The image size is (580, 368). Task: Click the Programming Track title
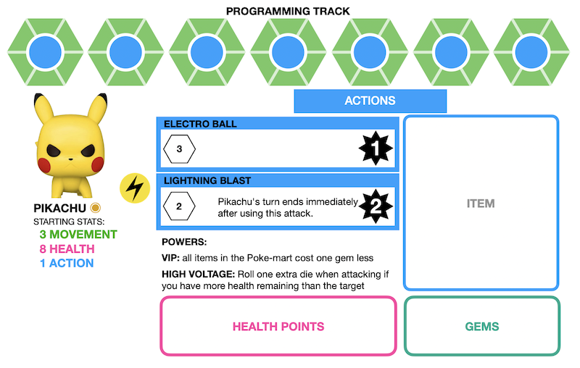[288, 11]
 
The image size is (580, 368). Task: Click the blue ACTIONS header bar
[370, 101]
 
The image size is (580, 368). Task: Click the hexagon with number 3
[180, 150]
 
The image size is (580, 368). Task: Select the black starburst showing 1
[376, 150]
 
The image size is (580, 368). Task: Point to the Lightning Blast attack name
[207, 180]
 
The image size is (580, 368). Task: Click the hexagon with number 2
[180, 206]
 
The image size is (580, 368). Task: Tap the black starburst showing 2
[376, 206]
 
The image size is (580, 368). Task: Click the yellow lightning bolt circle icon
[133, 187]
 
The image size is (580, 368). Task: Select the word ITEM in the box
[481, 204]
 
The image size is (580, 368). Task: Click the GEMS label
[482, 326]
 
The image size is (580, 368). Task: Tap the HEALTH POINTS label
[278, 326]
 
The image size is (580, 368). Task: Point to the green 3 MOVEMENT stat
[78, 234]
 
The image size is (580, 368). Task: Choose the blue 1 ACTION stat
[66, 263]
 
